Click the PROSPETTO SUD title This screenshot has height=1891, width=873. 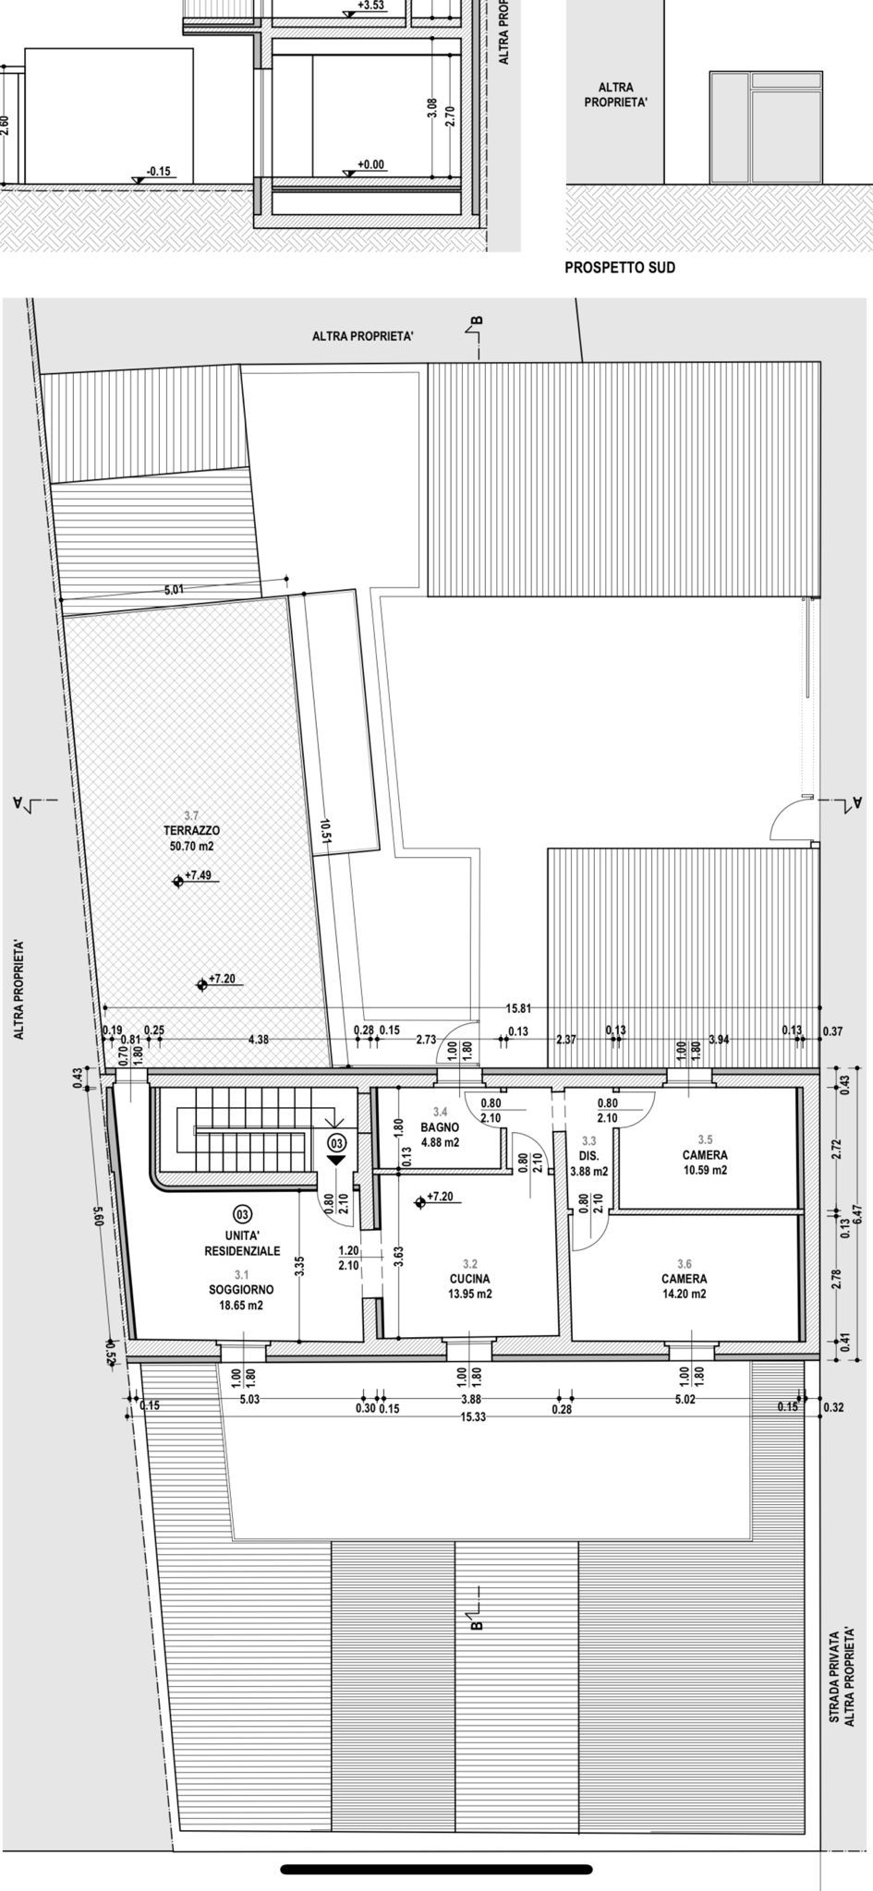(620, 268)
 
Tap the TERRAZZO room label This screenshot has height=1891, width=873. (191, 830)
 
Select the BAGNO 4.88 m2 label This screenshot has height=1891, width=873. (440, 1135)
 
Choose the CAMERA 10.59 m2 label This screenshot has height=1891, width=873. (705, 1162)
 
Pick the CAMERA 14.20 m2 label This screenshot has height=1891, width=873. (685, 1286)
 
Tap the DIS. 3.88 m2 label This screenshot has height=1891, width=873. (588, 1163)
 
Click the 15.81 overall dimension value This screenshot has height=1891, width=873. (518, 1009)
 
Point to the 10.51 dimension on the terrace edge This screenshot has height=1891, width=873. (325, 831)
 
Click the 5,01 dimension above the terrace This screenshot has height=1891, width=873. (174, 589)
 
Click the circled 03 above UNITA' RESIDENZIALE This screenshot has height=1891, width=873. (243, 1212)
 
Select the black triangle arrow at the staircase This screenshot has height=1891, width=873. (336, 1160)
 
